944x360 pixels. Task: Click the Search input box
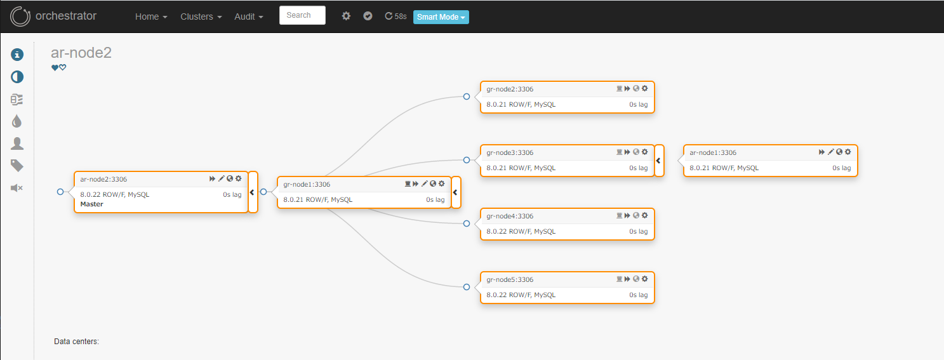click(x=302, y=15)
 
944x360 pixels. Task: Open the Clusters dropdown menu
click(x=201, y=17)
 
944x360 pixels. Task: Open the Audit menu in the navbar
click(x=249, y=17)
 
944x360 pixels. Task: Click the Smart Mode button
click(x=441, y=17)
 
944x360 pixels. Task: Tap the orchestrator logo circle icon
click(x=20, y=17)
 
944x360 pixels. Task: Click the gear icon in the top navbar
click(x=346, y=16)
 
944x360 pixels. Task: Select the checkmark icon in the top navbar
click(x=368, y=16)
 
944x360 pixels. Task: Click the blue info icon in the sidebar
click(x=17, y=55)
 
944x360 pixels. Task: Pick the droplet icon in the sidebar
click(x=17, y=121)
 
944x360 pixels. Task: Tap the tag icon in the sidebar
click(x=17, y=166)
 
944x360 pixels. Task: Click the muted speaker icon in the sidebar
click(x=17, y=188)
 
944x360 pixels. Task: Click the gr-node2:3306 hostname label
click(x=510, y=89)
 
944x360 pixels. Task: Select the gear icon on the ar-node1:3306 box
click(x=848, y=152)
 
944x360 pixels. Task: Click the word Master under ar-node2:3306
click(x=91, y=204)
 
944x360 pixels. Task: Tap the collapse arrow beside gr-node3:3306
click(x=659, y=161)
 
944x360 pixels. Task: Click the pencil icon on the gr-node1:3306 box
click(x=424, y=183)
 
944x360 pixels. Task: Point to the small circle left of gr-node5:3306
click(x=467, y=287)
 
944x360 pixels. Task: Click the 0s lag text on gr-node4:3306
click(x=639, y=231)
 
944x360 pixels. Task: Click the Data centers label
click(x=76, y=342)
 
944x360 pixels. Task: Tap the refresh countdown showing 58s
click(x=396, y=16)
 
